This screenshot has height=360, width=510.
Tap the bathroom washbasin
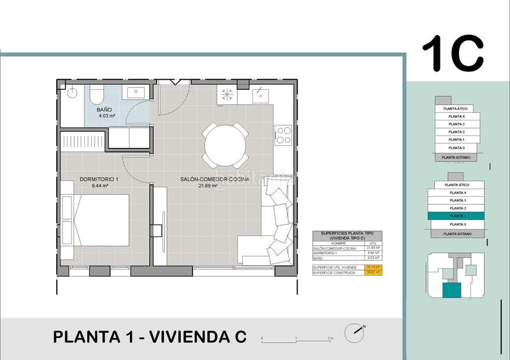[x=136, y=93]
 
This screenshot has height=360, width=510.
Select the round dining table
[x=224, y=142]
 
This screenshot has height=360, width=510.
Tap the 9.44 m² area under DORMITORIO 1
[x=101, y=187]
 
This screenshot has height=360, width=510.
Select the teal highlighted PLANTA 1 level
[x=456, y=217]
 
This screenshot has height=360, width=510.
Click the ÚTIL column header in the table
[x=374, y=243]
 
